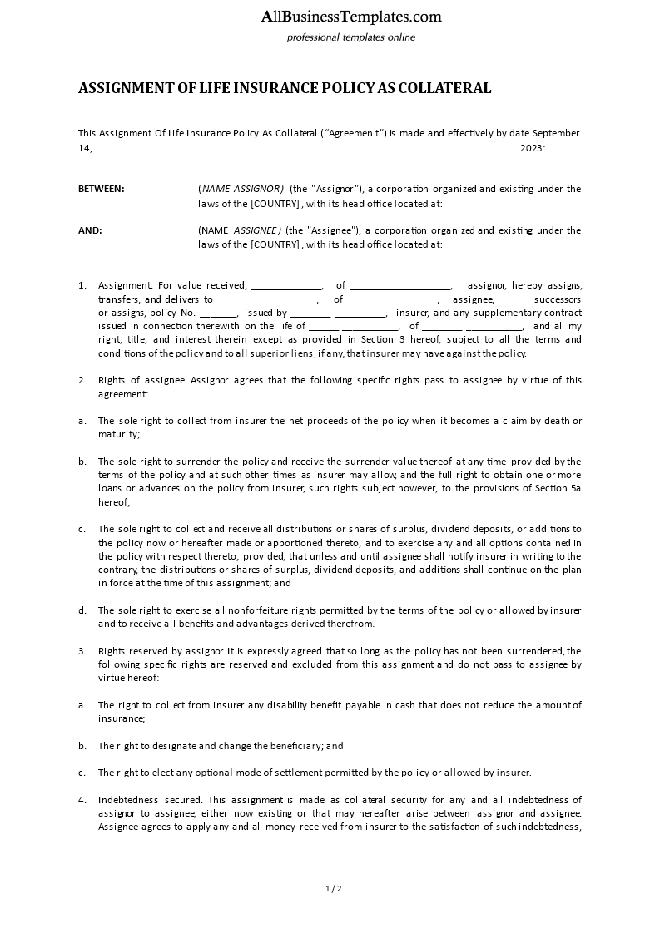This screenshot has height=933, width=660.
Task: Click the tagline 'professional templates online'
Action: [350, 37]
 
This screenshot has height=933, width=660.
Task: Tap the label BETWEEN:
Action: [102, 189]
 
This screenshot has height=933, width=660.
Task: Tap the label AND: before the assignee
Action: [90, 230]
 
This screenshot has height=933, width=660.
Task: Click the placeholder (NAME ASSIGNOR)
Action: [241, 189]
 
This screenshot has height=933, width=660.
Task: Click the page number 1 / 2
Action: [334, 889]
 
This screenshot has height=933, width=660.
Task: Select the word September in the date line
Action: [556, 133]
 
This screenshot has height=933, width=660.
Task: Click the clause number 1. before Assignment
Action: [82, 285]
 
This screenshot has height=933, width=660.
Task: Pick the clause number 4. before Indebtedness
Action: [82, 800]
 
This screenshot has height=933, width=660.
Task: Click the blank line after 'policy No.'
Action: [219, 313]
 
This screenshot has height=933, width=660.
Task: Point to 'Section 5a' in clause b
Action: [558, 488]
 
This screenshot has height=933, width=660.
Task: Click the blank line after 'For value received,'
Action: [285, 285]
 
